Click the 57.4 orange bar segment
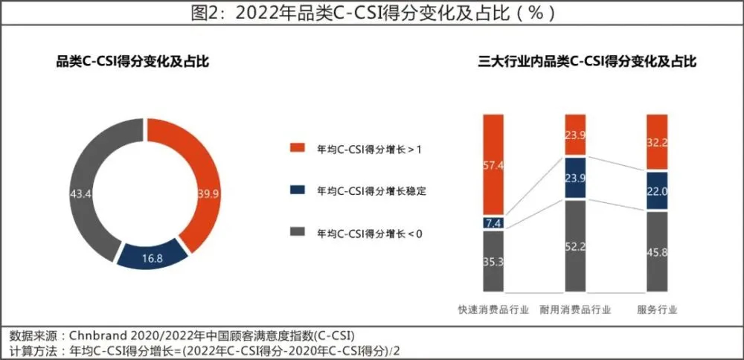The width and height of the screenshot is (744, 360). point(493,165)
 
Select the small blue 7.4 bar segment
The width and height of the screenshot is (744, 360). point(493,222)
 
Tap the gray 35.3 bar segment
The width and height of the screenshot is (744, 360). point(493,261)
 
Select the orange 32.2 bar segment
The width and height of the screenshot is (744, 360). point(657,141)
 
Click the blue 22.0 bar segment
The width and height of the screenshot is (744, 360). point(657,190)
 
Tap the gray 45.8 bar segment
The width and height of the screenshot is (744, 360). point(657,251)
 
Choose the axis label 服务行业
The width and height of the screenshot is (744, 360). point(658,309)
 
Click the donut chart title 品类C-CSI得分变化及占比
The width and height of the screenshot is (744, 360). point(132,62)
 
